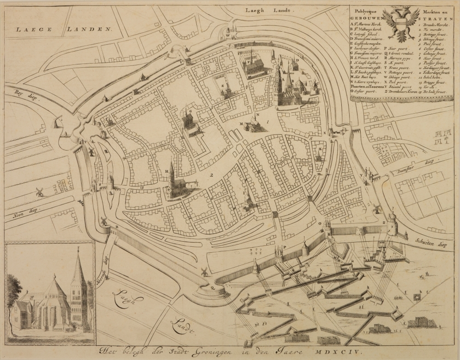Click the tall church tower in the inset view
78,288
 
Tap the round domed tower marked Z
392,224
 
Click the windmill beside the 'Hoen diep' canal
40,191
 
